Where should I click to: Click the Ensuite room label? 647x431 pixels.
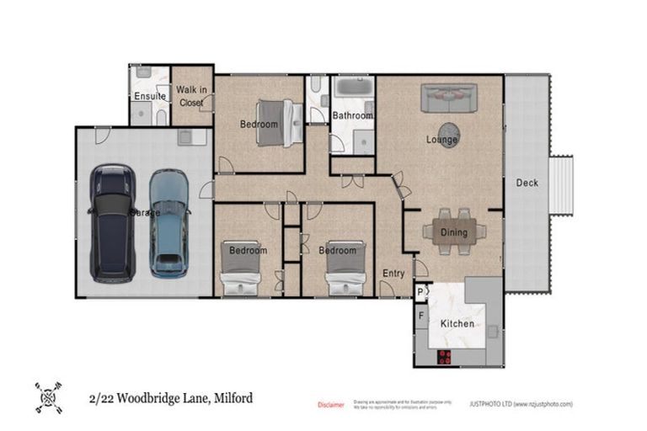coord(150,96)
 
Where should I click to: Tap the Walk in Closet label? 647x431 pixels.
coord(191,96)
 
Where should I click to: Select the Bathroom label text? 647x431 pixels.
coord(352,115)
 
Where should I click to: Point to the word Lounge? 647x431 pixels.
coord(441,139)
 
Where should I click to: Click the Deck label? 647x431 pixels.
coord(527,183)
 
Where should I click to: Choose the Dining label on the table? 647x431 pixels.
coord(454,233)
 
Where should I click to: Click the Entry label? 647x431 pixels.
coord(393,274)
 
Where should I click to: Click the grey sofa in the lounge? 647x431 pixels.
coord(449,98)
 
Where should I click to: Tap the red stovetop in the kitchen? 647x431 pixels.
coord(444,356)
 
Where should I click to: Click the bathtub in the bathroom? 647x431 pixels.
coord(353,88)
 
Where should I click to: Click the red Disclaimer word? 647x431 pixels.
coord(330,405)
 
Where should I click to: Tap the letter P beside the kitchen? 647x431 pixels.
coord(420,292)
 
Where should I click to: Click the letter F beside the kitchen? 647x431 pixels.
coord(421,317)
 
